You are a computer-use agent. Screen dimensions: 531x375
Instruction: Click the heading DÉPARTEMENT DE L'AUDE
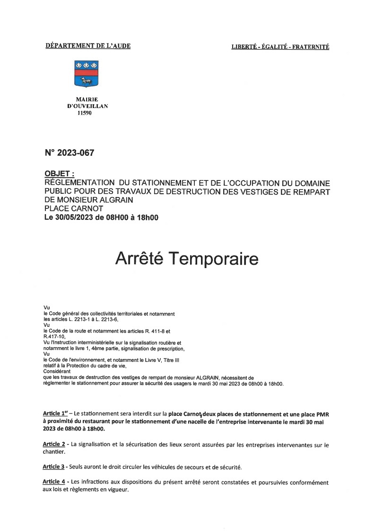88,46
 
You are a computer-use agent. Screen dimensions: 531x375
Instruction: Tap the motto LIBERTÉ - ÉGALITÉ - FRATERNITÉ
280,46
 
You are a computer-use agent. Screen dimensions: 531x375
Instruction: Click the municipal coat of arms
86,73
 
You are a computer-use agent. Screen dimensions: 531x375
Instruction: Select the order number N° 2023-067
69,153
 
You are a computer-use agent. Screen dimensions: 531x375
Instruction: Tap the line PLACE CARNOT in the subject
73,208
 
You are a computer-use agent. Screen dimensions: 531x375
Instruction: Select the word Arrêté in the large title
140,259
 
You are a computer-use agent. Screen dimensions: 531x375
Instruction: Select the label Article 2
54,444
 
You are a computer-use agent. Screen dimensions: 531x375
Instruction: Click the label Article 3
53,467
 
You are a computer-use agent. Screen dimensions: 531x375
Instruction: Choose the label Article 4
54,482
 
